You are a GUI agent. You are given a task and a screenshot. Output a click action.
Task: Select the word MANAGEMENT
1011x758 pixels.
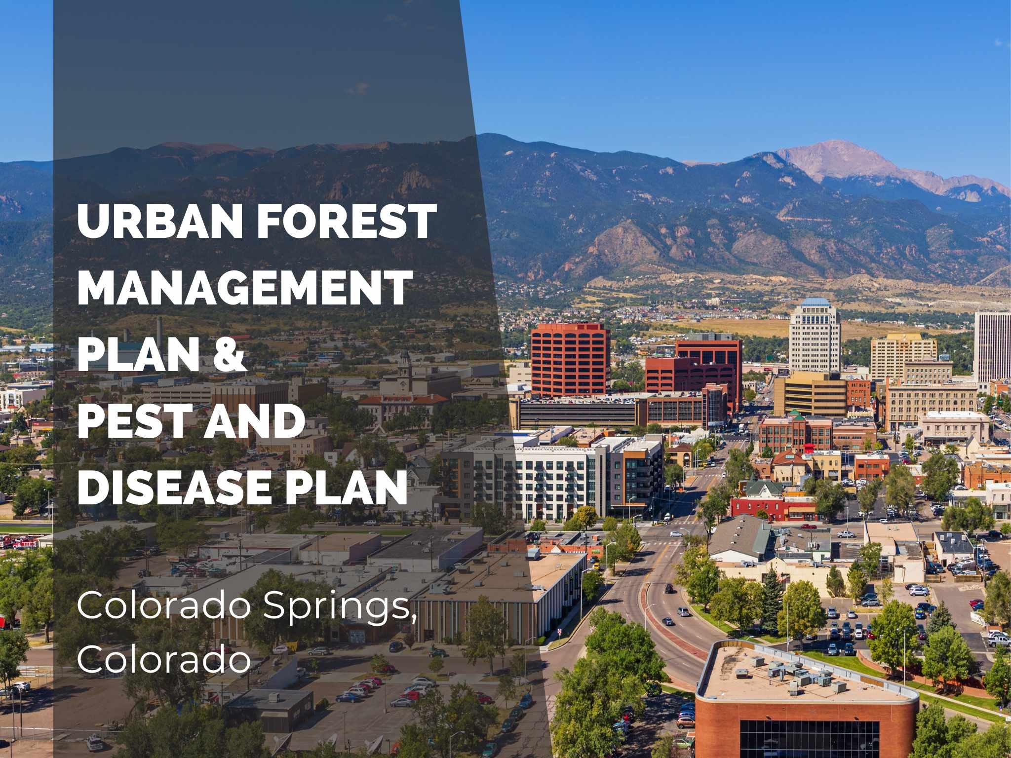point(244,288)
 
